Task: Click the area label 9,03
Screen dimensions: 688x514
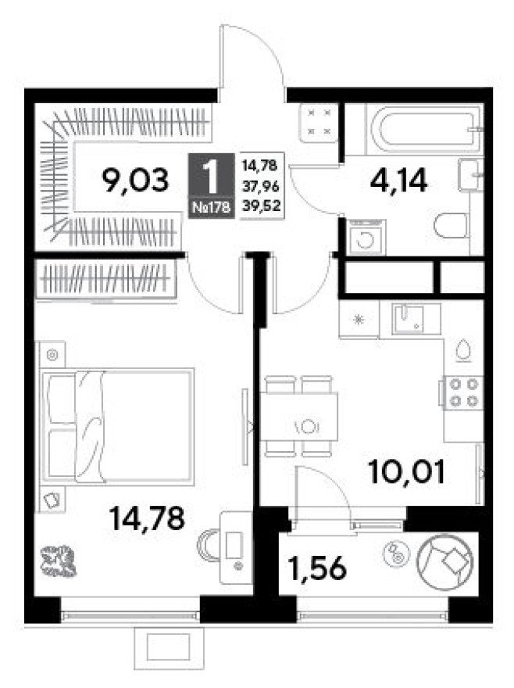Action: coord(135,181)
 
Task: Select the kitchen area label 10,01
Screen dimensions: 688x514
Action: coord(407,471)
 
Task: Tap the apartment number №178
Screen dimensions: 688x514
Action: coord(212,207)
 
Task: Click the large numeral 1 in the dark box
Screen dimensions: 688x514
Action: coord(212,177)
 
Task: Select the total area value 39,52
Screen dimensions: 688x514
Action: coord(262,207)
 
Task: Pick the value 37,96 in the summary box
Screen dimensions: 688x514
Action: coord(262,187)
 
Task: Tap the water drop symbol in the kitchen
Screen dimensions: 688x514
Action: coord(463,349)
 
